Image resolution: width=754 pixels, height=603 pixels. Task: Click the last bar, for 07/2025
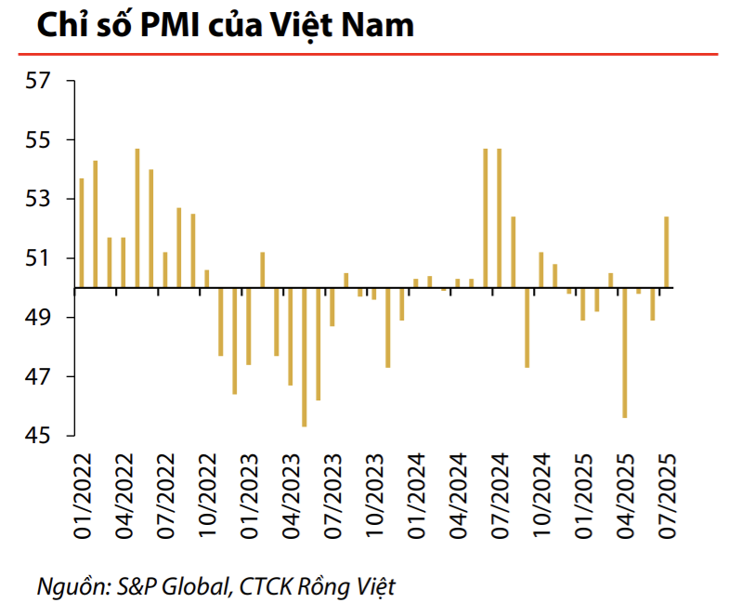(667, 252)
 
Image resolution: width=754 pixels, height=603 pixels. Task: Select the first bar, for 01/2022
(82, 232)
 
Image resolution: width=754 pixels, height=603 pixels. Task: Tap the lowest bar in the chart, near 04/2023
(305, 357)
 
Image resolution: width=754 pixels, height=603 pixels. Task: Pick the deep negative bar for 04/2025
(625, 353)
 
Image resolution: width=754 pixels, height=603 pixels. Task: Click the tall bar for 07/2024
(500, 218)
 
